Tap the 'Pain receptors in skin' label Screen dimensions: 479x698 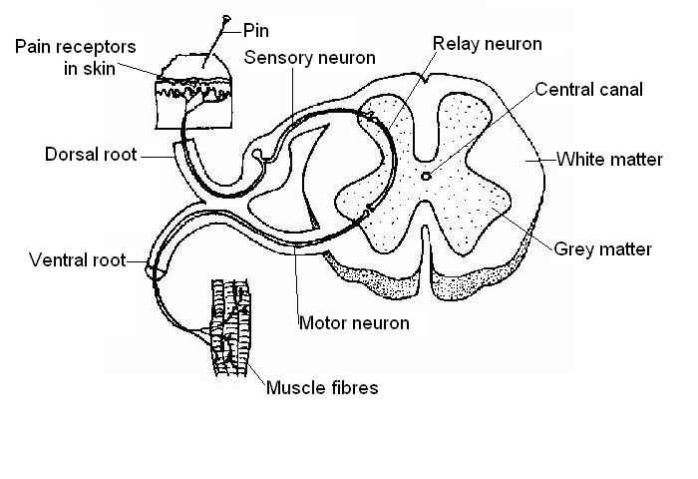(75, 58)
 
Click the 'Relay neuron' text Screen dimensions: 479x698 (488, 44)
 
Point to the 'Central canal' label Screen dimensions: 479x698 (588, 90)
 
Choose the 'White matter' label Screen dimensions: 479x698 (608, 159)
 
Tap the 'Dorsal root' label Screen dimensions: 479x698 (91, 156)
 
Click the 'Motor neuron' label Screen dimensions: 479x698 (354, 323)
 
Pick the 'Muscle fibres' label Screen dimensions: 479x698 (321, 387)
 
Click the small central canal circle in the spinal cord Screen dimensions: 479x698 (427, 176)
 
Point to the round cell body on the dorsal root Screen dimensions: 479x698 (258, 155)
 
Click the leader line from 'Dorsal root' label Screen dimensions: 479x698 (155, 156)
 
